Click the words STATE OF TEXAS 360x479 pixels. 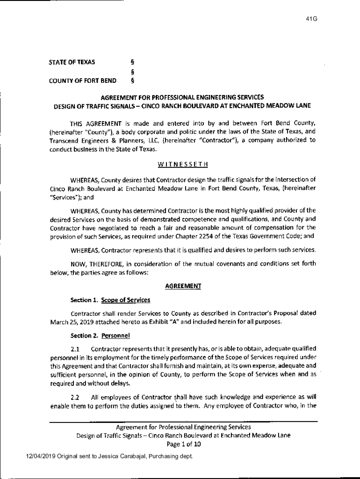point(72,62)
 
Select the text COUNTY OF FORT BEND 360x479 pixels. point(83,80)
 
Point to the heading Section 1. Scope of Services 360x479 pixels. point(110,299)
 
